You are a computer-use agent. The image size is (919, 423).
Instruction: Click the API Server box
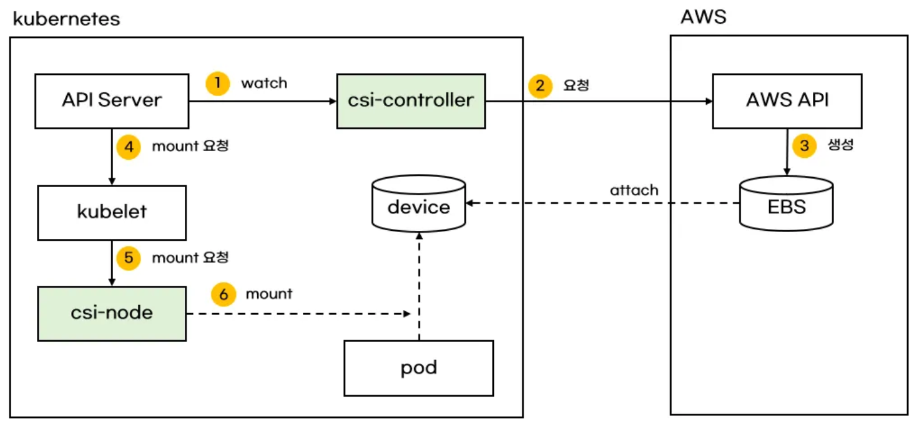112,101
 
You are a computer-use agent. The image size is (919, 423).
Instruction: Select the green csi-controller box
411,101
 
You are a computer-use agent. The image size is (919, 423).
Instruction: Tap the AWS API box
787,101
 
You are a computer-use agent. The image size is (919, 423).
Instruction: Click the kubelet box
112,213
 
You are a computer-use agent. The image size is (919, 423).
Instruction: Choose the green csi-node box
112,314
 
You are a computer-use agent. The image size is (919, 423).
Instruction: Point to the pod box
419,368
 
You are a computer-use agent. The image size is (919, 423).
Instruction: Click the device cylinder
418,204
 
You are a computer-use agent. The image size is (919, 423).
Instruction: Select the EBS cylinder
787,204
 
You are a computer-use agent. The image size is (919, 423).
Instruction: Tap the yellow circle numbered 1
217,84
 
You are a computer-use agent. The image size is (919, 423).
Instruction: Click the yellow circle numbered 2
540,86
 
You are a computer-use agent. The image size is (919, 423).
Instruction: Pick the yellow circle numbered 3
805,145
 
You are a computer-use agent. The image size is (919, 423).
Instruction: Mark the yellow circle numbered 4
129,147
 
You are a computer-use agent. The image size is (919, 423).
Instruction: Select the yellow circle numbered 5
129,258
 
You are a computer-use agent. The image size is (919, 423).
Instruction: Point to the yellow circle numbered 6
224,294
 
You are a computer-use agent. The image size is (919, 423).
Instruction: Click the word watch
264,83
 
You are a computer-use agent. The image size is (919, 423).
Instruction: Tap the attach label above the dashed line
634,190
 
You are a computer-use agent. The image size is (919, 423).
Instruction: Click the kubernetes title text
66,19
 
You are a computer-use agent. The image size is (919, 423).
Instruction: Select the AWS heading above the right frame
704,17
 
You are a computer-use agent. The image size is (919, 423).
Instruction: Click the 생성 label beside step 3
840,145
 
